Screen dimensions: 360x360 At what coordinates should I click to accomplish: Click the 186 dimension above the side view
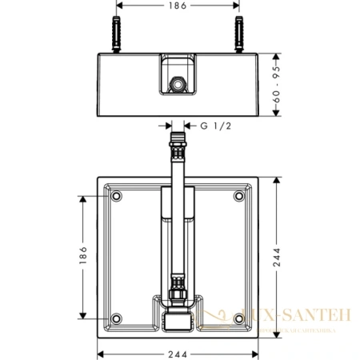pos(178,7)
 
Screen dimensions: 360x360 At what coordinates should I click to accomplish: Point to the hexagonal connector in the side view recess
pos(178,83)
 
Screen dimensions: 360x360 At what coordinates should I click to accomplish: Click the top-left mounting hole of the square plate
pos(117,196)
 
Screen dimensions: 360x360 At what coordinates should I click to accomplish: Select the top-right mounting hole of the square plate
pos(238,196)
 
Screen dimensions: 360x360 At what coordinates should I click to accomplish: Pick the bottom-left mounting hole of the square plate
pos(117,318)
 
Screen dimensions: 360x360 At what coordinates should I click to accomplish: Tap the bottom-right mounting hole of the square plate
pos(238,318)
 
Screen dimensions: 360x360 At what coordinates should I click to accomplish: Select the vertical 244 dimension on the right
pos(286,257)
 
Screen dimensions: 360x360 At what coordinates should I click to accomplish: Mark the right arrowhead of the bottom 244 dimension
pos(256,352)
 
